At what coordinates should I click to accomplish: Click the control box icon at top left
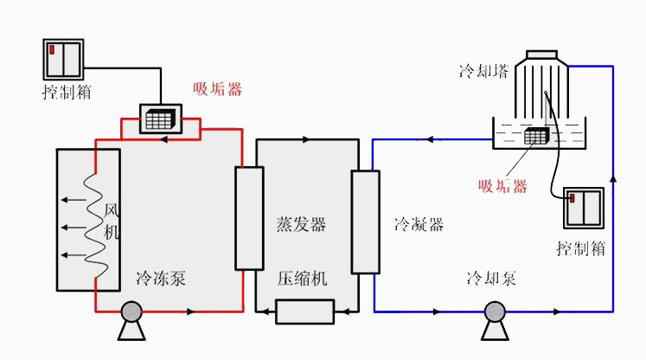point(64,58)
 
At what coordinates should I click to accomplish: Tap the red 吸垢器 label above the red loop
point(217,89)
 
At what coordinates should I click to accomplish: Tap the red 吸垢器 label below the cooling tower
point(502,185)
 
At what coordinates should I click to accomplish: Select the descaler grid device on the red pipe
point(158,119)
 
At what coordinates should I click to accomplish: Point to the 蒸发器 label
point(301,225)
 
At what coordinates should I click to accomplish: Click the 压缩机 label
point(303,279)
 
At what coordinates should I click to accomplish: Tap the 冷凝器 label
point(419,225)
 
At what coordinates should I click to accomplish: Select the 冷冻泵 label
point(161,279)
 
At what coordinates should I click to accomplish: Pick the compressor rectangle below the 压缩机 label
point(304,311)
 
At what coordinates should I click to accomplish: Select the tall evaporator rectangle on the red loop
point(248,218)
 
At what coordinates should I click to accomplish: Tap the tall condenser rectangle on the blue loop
point(365,222)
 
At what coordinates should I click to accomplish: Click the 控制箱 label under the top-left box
point(66,92)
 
